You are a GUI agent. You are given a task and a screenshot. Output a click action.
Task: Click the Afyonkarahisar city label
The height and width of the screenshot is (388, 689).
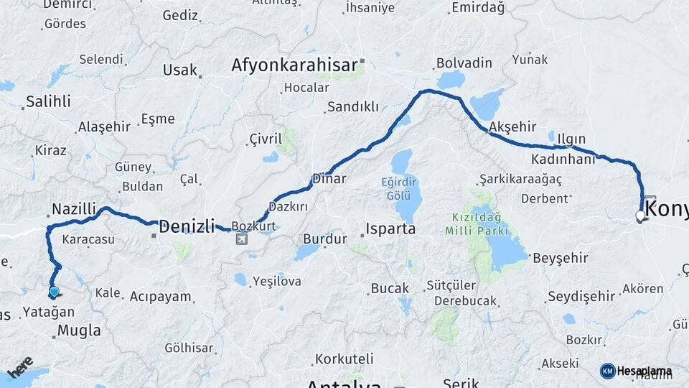pos(294,65)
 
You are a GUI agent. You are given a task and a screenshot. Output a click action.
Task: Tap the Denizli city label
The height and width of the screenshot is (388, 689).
pos(187,227)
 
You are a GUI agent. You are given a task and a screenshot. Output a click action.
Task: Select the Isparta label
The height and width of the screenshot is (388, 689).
pos(390,229)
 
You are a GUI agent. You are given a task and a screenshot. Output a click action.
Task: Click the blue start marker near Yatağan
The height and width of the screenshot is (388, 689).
pos(54,292)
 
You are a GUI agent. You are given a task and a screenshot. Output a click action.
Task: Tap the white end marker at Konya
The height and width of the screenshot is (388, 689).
pos(640,216)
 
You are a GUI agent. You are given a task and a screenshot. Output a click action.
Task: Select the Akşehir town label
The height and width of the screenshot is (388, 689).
pos(512,126)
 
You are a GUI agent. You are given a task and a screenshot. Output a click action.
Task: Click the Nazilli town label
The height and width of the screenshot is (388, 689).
pos(73,209)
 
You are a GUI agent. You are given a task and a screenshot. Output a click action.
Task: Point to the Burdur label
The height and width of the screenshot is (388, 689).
pos(324,239)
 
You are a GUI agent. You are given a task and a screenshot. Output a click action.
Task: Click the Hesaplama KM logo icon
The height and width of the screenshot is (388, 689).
pos(607,371)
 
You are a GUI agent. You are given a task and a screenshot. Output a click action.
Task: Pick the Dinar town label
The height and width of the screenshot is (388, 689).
pos(329,179)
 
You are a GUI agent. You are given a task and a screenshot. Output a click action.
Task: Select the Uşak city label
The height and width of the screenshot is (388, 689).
pos(179,70)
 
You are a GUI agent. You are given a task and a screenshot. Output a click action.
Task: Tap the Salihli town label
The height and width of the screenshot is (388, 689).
pos(49,101)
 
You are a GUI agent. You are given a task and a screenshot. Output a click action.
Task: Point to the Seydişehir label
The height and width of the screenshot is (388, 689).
pos(581,296)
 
